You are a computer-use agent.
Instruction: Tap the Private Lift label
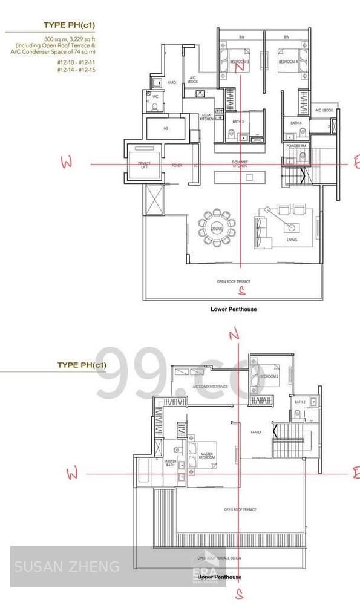(144, 165)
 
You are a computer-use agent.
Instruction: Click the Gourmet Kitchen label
(240, 163)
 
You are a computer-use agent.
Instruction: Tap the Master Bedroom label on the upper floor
(207, 456)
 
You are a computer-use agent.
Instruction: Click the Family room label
(257, 433)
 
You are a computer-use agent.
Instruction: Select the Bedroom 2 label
(269, 376)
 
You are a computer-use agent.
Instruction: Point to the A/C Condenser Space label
(211, 386)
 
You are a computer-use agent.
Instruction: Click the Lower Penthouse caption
(233, 309)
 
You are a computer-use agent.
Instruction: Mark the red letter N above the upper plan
(234, 335)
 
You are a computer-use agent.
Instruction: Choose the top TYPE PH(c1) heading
(69, 25)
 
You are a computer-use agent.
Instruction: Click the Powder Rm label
(296, 146)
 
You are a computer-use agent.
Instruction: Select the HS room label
(165, 129)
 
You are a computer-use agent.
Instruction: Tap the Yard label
(171, 82)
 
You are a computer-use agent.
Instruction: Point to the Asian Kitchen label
(206, 117)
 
